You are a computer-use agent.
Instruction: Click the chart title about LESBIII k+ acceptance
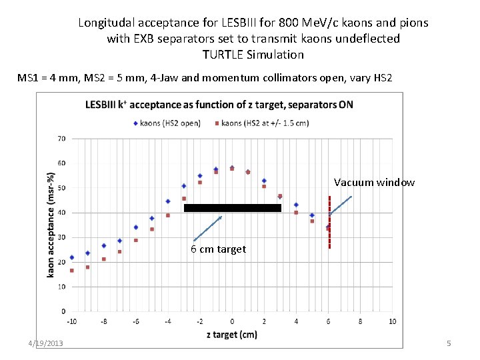(219, 105)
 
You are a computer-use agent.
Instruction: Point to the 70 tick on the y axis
(61, 139)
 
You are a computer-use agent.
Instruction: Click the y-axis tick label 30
(61, 237)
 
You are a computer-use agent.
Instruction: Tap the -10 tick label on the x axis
(71, 321)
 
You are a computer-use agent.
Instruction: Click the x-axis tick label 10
(392, 321)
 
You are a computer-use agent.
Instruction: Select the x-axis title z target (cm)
(231, 334)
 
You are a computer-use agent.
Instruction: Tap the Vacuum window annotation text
(374, 183)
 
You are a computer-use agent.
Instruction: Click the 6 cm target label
(218, 249)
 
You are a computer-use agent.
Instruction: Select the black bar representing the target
(232, 208)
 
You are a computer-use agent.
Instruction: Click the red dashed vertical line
(329, 223)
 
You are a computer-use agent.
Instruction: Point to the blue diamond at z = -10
(72, 257)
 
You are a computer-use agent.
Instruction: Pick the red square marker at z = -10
(72, 270)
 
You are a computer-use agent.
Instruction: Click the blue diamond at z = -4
(168, 201)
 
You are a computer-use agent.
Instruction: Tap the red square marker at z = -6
(136, 240)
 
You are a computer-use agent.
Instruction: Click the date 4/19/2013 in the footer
(46, 343)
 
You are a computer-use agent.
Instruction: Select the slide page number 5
(449, 343)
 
